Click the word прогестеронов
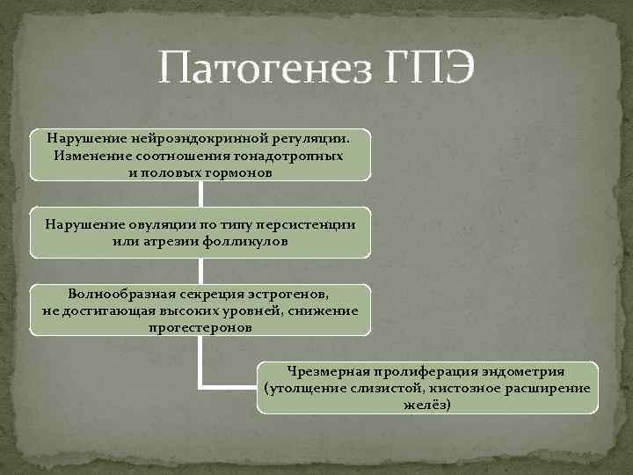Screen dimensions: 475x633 point(200,326)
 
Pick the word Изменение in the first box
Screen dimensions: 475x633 point(91,156)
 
